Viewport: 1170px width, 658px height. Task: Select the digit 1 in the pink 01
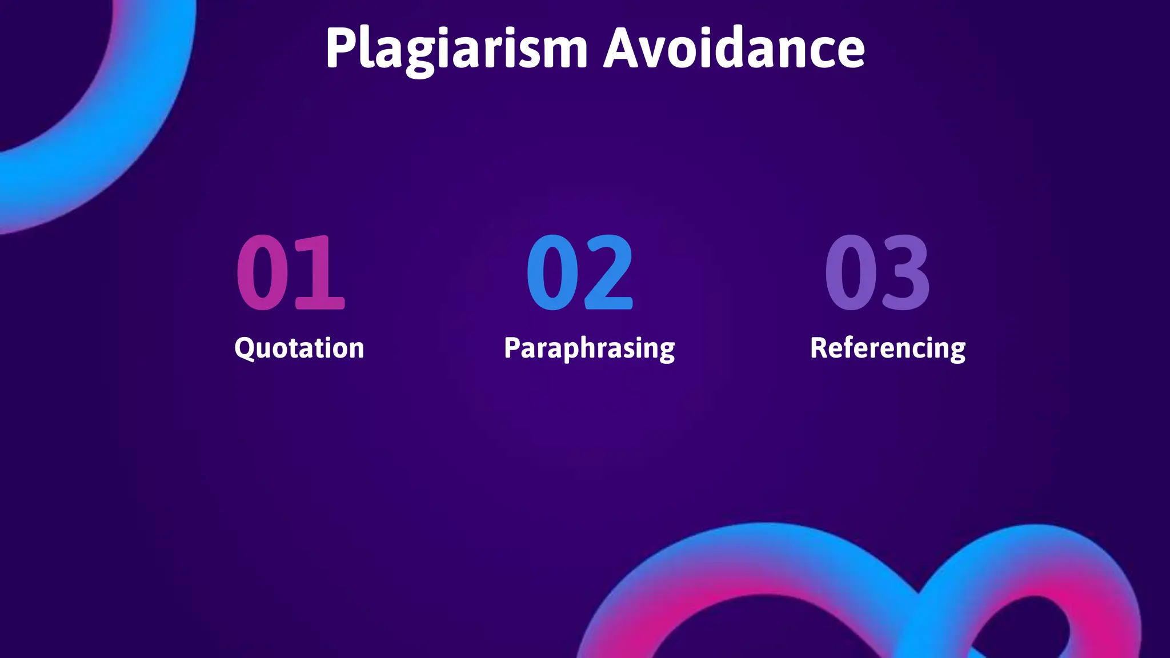(320, 273)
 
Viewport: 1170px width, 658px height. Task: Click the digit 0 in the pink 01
(263, 273)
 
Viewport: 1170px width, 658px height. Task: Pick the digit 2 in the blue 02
(608, 273)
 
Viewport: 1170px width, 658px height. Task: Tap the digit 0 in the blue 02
(552, 273)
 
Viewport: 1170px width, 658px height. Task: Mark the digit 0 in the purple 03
(850, 273)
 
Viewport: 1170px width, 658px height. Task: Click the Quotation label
(299, 348)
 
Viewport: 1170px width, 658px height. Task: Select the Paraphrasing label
(589, 348)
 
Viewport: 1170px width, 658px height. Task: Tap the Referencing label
(888, 348)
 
